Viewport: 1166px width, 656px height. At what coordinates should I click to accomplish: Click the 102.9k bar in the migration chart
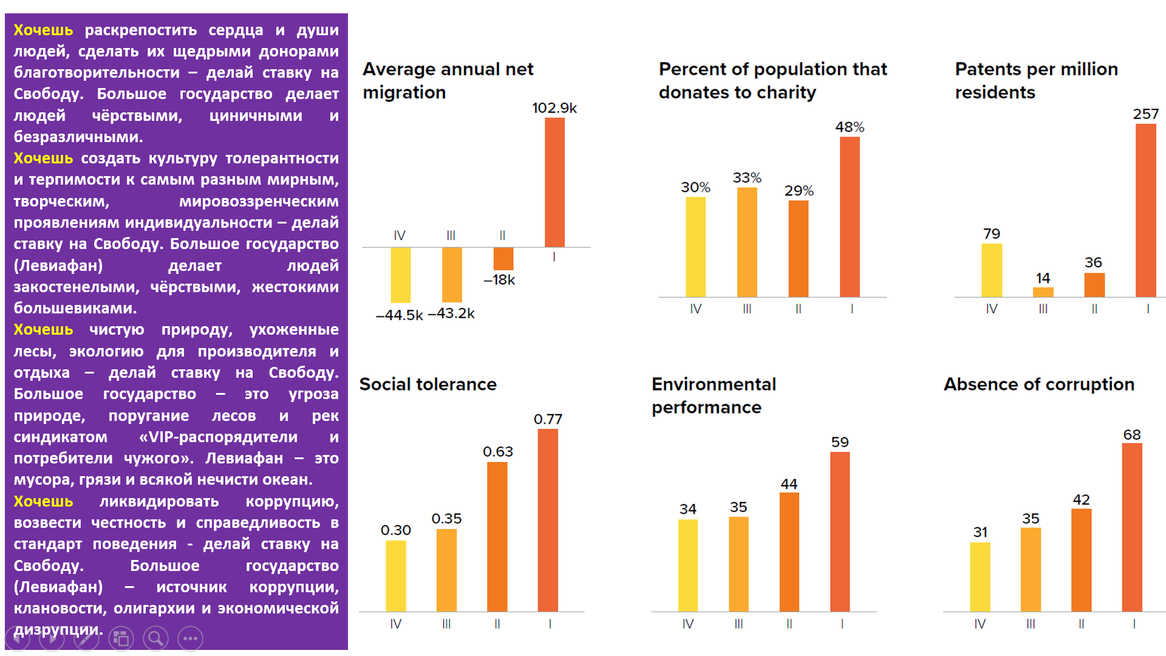tap(554, 182)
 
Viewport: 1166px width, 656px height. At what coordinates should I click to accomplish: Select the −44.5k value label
tap(399, 315)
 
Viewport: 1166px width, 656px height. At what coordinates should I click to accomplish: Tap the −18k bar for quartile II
tap(503, 258)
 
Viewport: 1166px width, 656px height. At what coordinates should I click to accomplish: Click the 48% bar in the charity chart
tap(850, 217)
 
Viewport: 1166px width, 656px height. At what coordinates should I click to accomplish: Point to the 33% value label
tap(747, 178)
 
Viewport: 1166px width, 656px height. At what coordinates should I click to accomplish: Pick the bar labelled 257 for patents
tap(1145, 210)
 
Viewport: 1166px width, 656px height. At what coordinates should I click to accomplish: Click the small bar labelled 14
tap(1043, 292)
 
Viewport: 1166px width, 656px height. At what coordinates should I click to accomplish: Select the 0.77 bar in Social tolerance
tap(548, 520)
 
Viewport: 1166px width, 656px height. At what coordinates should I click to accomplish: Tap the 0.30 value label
tap(396, 530)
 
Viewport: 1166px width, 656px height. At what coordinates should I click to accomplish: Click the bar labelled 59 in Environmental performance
tap(840, 531)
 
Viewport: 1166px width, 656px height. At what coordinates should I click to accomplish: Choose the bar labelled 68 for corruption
tap(1132, 527)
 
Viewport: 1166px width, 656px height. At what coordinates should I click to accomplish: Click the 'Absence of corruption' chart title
tap(1038, 384)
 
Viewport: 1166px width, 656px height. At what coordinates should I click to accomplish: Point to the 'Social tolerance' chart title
tap(428, 384)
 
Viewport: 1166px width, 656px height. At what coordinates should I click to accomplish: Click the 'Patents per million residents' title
tap(1036, 81)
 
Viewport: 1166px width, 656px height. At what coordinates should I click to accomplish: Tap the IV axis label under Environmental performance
tap(687, 624)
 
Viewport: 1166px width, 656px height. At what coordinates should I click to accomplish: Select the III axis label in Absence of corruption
tap(1031, 624)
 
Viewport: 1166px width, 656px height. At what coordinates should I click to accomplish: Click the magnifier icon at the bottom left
tap(155, 638)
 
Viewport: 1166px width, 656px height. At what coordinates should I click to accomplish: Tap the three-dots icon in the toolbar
tap(190, 638)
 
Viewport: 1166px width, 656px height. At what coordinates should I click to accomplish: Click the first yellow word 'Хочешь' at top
tap(43, 30)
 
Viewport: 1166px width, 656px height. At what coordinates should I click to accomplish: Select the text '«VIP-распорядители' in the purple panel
tap(218, 437)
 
